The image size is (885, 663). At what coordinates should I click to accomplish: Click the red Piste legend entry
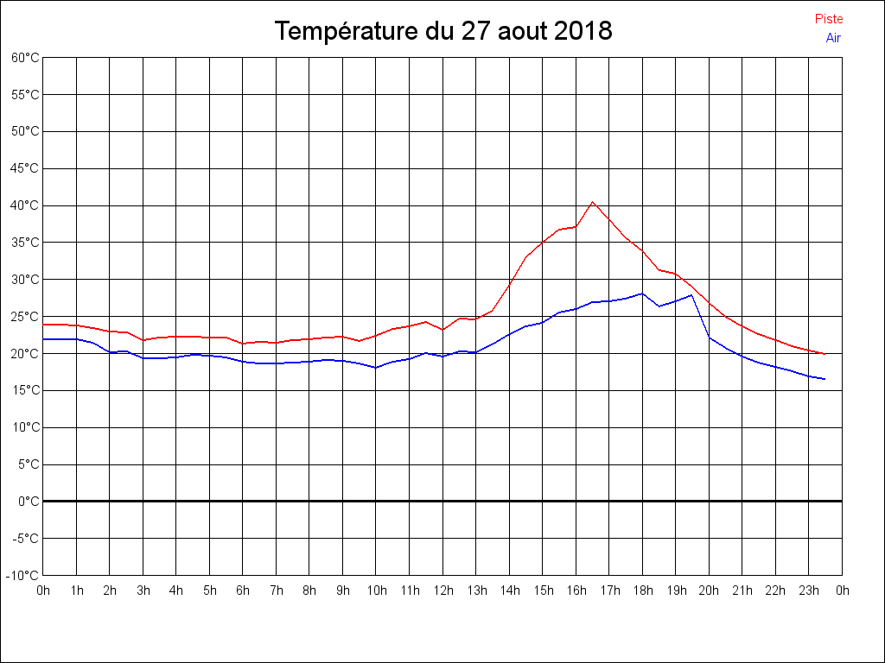pos(829,19)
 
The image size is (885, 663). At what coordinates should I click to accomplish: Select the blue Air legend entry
pos(833,37)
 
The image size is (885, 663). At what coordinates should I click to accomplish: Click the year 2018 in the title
pos(583,32)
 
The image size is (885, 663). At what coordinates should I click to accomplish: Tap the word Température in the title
pos(347,32)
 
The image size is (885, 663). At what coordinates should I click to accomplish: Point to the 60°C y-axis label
pos(25,58)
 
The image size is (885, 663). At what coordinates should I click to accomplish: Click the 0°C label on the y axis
pos(29,502)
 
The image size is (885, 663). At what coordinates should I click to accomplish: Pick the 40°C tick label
pos(25,205)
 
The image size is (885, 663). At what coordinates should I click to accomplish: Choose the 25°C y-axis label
pos(25,317)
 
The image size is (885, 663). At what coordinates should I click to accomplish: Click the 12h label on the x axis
pos(442,590)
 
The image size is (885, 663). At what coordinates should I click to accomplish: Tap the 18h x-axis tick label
pos(642,590)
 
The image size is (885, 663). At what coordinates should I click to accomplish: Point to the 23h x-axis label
pos(809,590)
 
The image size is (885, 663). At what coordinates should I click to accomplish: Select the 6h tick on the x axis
pos(243,590)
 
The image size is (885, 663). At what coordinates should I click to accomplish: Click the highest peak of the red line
pos(593,202)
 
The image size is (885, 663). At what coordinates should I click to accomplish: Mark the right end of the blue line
pos(825,379)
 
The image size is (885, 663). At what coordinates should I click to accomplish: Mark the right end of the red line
pos(825,354)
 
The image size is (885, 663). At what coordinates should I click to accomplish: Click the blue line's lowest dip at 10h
pos(376,368)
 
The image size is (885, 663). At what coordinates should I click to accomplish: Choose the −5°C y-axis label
pos(27,539)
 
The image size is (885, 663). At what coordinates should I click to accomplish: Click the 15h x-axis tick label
pos(543,590)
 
